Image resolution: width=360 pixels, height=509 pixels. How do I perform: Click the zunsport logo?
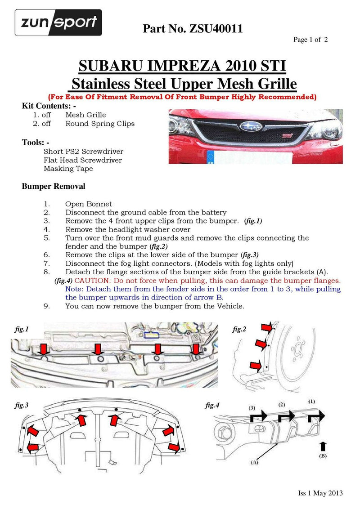[58, 22]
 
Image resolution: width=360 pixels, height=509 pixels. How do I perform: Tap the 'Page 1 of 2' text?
[310, 40]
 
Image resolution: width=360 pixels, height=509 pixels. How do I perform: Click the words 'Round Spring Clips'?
[100, 124]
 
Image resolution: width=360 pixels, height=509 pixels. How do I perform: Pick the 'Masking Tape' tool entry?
[68, 169]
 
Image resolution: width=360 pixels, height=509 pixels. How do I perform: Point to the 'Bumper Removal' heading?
[54, 186]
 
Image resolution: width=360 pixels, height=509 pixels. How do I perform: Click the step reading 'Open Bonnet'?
[88, 204]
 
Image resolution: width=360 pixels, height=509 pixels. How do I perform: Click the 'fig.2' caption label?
[240, 330]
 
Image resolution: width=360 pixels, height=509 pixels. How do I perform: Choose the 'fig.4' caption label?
[212, 405]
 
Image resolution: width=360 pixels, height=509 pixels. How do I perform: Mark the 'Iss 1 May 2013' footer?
[320, 493]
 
